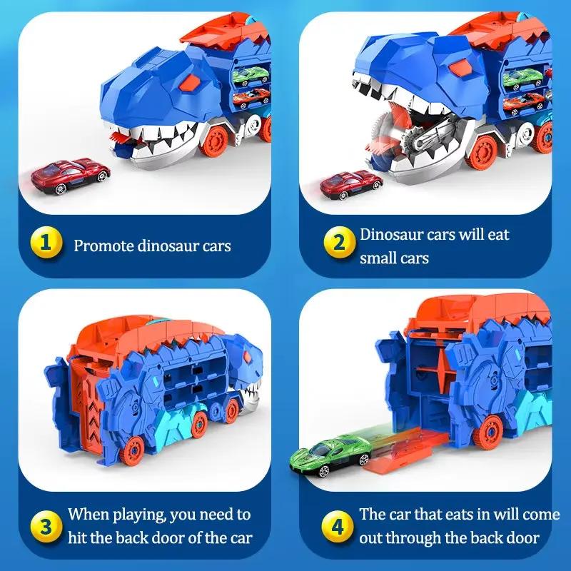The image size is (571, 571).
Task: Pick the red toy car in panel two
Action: tap(351, 185)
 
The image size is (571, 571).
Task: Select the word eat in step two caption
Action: tap(497, 234)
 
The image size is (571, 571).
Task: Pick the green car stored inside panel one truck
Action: tap(251, 75)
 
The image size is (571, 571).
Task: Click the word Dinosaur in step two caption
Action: tap(393, 234)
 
